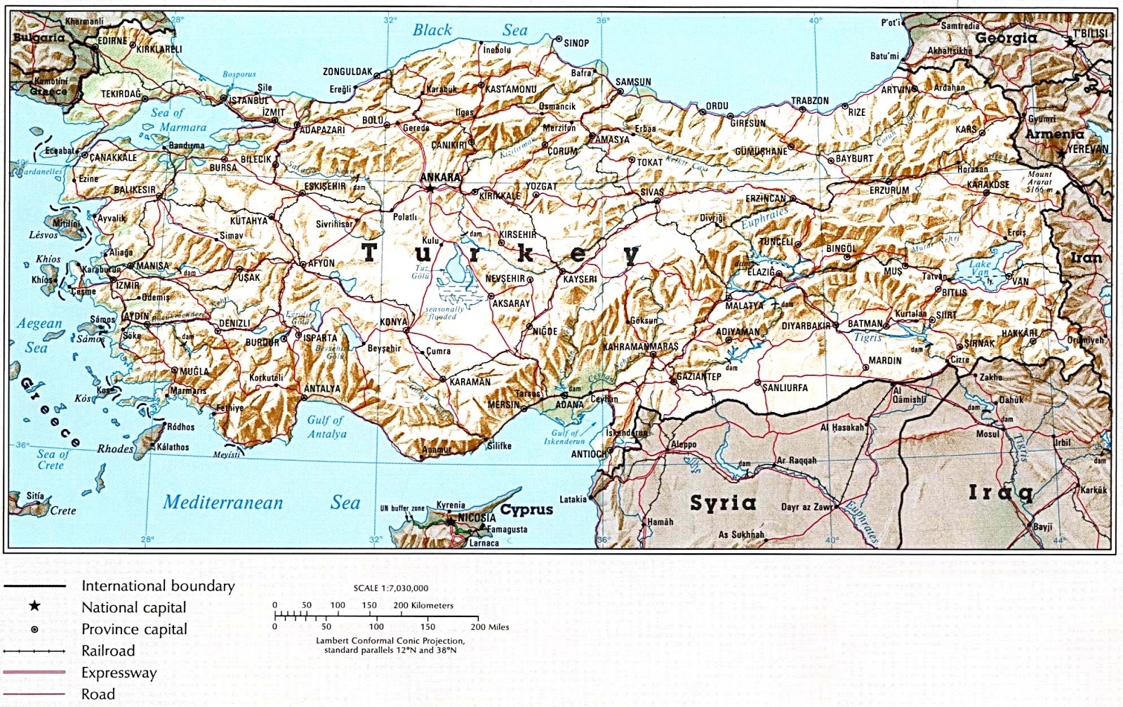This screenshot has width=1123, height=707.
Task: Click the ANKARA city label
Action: point(440,177)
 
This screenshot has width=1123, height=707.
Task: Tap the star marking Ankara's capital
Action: point(429,188)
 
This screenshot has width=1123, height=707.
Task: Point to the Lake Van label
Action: point(980,268)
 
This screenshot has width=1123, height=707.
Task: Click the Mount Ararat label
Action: point(1039,181)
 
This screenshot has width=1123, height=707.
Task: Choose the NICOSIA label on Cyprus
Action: point(477,517)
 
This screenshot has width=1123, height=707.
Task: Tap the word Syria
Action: point(723,503)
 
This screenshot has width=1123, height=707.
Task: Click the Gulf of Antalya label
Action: point(326,427)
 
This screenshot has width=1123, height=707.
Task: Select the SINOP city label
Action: point(576,44)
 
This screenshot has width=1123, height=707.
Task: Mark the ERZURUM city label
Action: point(889,190)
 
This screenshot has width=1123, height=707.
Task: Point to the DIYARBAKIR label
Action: point(806,326)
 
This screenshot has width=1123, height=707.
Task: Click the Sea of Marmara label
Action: point(179,120)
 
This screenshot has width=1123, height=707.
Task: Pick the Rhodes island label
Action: point(115,449)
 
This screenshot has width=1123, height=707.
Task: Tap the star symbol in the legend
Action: point(34,606)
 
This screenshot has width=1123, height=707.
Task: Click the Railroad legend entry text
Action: point(108,651)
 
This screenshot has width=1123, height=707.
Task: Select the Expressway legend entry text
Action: point(119,673)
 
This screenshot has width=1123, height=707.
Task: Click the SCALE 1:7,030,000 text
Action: point(390,588)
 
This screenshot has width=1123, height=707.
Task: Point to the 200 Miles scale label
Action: point(489,627)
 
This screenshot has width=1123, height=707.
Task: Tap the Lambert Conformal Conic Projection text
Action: point(390,640)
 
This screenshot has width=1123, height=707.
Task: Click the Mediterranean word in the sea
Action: point(222,503)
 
